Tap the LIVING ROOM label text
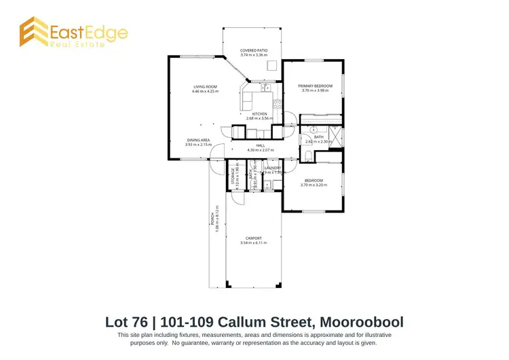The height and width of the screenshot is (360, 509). click(205, 87)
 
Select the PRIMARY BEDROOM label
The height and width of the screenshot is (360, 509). click(314, 86)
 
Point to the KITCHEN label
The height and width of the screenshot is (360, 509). click(259, 113)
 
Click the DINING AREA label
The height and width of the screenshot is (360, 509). click(198, 140)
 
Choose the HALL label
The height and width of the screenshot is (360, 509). click(260, 145)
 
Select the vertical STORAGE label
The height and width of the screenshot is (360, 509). click(232, 179)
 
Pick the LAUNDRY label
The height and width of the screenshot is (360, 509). click(272, 167)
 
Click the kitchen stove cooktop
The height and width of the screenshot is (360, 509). click(278, 104)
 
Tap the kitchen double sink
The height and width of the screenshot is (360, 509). click(264, 88)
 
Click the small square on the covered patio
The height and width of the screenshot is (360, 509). click(271, 66)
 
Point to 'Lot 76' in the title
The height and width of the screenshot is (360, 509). click(128, 320)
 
